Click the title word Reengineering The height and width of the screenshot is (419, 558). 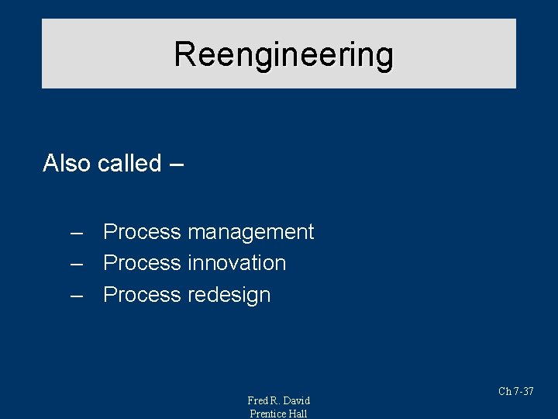(x=284, y=54)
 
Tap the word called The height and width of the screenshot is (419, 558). (x=129, y=163)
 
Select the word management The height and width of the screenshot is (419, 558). (x=250, y=232)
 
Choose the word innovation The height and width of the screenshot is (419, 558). (x=236, y=263)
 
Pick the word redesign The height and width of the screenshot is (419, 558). (x=229, y=295)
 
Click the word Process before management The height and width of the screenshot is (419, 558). (x=142, y=232)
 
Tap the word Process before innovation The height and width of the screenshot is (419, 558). (x=142, y=263)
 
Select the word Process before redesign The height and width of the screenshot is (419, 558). (x=142, y=295)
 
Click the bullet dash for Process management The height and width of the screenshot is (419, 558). (x=76, y=233)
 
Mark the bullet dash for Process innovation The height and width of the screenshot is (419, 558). (x=76, y=264)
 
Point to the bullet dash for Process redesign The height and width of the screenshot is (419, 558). (x=76, y=296)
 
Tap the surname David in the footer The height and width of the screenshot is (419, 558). (x=296, y=400)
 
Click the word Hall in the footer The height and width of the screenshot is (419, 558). (x=298, y=414)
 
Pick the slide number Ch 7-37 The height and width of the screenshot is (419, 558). (x=515, y=392)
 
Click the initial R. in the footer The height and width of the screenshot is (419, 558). (x=275, y=400)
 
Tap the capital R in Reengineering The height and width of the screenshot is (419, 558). (x=184, y=54)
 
